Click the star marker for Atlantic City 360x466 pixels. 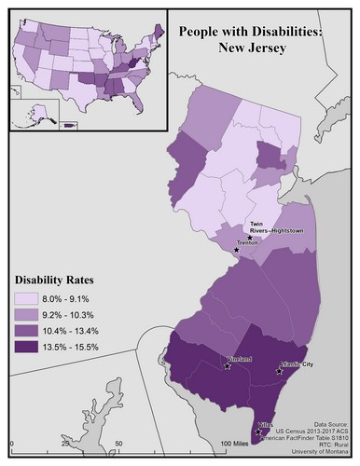pyautogui.click(x=277, y=371)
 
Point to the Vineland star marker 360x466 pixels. pyautogui.click(x=228, y=366)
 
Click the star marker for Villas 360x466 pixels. pyautogui.click(x=258, y=432)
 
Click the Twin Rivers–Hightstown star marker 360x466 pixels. pyautogui.click(x=249, y=239)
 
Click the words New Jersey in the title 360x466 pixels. pyautogui.click(x=257, y=46)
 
